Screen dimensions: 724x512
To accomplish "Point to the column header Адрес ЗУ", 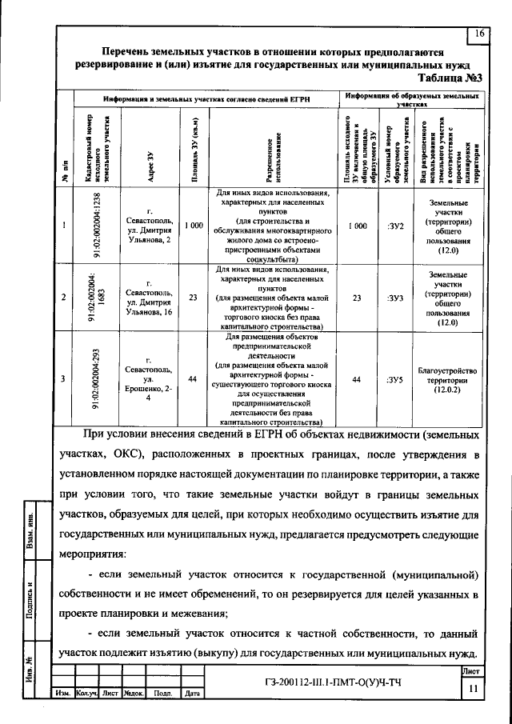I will coord(150,154).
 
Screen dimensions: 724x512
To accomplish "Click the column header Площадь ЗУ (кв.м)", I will coord(193,153).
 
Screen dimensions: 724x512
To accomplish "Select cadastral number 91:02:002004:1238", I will coord(94,226).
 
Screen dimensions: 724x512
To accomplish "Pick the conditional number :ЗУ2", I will coord(394,226).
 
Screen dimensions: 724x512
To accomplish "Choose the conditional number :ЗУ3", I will coord(394,298).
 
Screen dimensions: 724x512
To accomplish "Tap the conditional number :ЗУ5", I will coord(394,379).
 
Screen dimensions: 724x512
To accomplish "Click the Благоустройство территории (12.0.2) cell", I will coord(448,379).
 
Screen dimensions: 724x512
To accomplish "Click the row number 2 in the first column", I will coord(64,298).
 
